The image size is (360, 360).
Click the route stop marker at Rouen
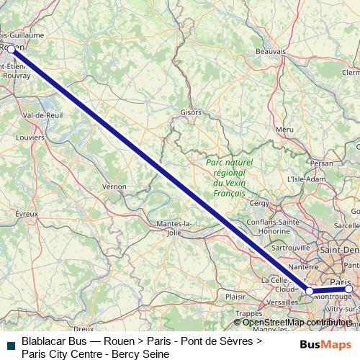coord(11,49)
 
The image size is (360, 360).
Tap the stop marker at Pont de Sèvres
coord(310,291)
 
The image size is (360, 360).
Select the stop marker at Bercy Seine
coord(349,289)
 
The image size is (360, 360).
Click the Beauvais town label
coord(271,52)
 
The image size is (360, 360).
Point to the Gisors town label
coord(191,113)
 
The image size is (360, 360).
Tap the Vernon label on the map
coord(114,186)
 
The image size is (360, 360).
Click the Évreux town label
coord(26,213)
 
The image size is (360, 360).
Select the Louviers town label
coord(30,137)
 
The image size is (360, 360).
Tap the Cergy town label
coord(258,203)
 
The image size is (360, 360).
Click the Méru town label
coord(284,129)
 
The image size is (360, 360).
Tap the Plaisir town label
coord(235,296)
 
